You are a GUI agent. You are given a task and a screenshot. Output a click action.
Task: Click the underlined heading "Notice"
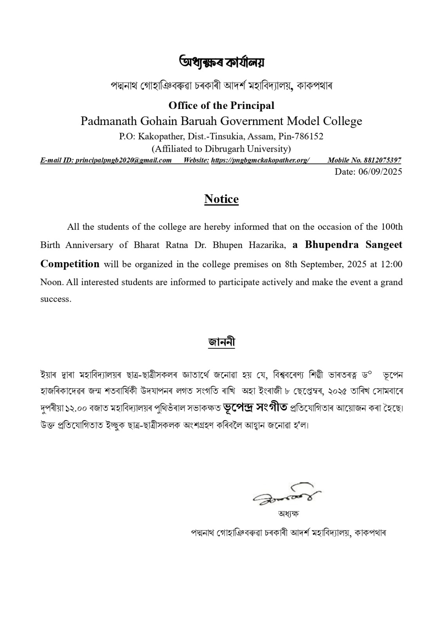tap(221, 199)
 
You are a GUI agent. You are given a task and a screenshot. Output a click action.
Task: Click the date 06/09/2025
tap(380, 172)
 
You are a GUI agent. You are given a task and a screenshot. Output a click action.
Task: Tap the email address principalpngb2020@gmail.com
tap(124, 160)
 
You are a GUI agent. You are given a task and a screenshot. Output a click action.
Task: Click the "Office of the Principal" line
tap(221, 105)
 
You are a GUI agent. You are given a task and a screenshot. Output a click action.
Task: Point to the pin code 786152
tap(310, 136)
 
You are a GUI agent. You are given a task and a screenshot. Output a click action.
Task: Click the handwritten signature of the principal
tap(288, 493)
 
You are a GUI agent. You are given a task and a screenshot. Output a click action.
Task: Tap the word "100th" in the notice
tap(391, 227)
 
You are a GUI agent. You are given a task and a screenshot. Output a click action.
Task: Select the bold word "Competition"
tap(70, 264)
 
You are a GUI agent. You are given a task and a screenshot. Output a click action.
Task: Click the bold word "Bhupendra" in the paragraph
tap(332, 245)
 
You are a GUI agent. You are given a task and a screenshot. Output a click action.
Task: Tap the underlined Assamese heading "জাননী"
tap(221, 342)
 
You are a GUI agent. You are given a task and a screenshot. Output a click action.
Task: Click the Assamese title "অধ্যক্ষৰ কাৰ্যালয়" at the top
tap(221, 62)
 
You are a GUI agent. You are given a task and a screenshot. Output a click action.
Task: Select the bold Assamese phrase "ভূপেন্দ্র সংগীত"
tap(255, 407)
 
